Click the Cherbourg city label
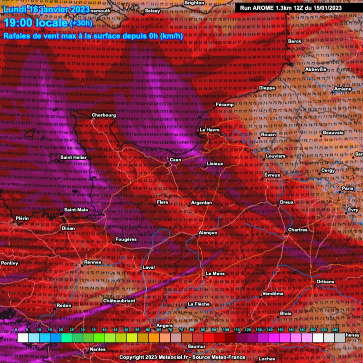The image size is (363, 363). point(104,115)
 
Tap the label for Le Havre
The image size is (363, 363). point(210,130)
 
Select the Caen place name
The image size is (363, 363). point(175,160)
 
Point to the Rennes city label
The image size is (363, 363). point(93,262)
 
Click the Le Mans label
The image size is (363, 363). point(215,273)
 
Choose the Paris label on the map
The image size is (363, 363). point(347,188)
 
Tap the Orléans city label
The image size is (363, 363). point(325,281)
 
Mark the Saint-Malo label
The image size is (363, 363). point(76,210)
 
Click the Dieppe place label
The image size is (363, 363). point(267,88)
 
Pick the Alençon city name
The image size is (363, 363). point(208,233)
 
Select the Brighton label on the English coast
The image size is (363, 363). point(194,3)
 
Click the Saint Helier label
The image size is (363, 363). point(73,157)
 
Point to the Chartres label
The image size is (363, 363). point(298,230)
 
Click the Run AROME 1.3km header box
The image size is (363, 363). point(291,8)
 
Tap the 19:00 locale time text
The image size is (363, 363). point(36,23)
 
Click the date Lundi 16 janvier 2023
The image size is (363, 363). point(47,9)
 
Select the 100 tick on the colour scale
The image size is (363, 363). point(226,330)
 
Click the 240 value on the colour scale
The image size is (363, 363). point(335,330)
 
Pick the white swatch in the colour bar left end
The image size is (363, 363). point(23,338)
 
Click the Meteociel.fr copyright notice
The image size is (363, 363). point(182,357)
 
